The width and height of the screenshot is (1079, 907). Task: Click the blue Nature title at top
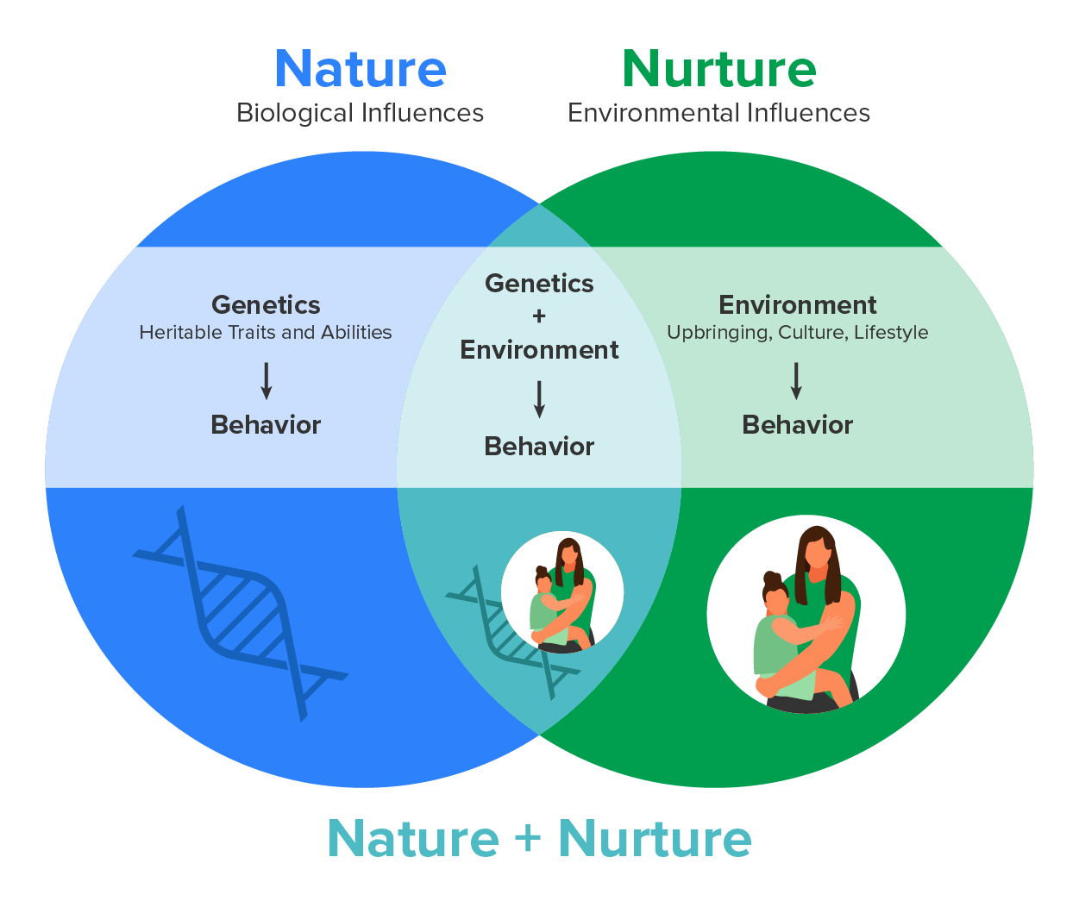pyautogui.click(x=361, y=69)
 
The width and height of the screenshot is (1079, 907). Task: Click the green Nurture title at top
pyautogui.click(x=718, y=69)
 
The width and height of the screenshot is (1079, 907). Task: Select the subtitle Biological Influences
pyautogui.click(x=360, y=113)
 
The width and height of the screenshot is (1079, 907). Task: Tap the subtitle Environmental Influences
pyautogui.click(x=718, y=113)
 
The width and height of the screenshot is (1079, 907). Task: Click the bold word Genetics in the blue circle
pyautogui.click(x=266, y=305)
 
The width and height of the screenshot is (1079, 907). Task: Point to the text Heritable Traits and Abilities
pyautogui.click(x=266, y=333)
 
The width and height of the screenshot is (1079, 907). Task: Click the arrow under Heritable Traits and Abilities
pyautogui.click(x=267, y=380)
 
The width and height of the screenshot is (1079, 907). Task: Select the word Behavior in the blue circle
pyautogui.click(x=266, y=425)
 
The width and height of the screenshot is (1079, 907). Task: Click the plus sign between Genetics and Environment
pyautogui.click(x=539, y=316)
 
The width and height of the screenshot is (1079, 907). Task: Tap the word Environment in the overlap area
pyautogui.click(x=539, y=350)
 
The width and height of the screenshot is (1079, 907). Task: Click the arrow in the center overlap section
pyautogui.click(x=539, y=399)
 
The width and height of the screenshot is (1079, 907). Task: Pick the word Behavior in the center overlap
pyautogui.click(x=539, y=447)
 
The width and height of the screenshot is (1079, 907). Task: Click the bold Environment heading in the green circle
pyautogui.click(x=797, y=305)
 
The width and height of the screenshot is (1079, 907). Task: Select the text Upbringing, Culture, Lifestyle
pyautogui.click(x=797, y=333)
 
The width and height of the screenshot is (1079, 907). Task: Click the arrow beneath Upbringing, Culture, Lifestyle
pyautogui.click(x=796, y=380)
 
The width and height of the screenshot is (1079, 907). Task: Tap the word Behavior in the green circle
pyautogui.click(x=797, y=425)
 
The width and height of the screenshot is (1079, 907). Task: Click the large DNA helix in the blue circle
pyautogui.click(x=242, y=612)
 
